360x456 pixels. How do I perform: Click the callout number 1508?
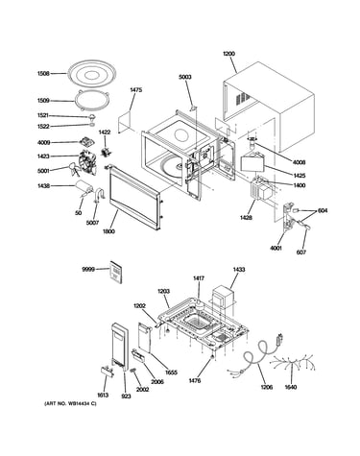[x=43, y=74]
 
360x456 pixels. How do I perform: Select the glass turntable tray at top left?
[x=92, y=75]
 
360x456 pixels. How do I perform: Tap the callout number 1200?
[x=228, y=54]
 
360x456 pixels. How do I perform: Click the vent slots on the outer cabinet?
[x=243, y=98]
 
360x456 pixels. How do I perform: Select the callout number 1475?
[x=136, y=90]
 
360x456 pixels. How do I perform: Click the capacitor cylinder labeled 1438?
[x=84, y=187]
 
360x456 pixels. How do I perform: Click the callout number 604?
[x=323, y=211]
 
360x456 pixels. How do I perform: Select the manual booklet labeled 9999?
[x=116, y=272]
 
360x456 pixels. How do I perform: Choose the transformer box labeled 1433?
[x=223, y=297]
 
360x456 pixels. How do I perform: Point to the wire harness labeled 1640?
[x=293, y=364]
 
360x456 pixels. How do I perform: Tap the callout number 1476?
[x=195, y=381]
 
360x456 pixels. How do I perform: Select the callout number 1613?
[x=103, y=395]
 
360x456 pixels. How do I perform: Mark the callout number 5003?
[x=185, y=77]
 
